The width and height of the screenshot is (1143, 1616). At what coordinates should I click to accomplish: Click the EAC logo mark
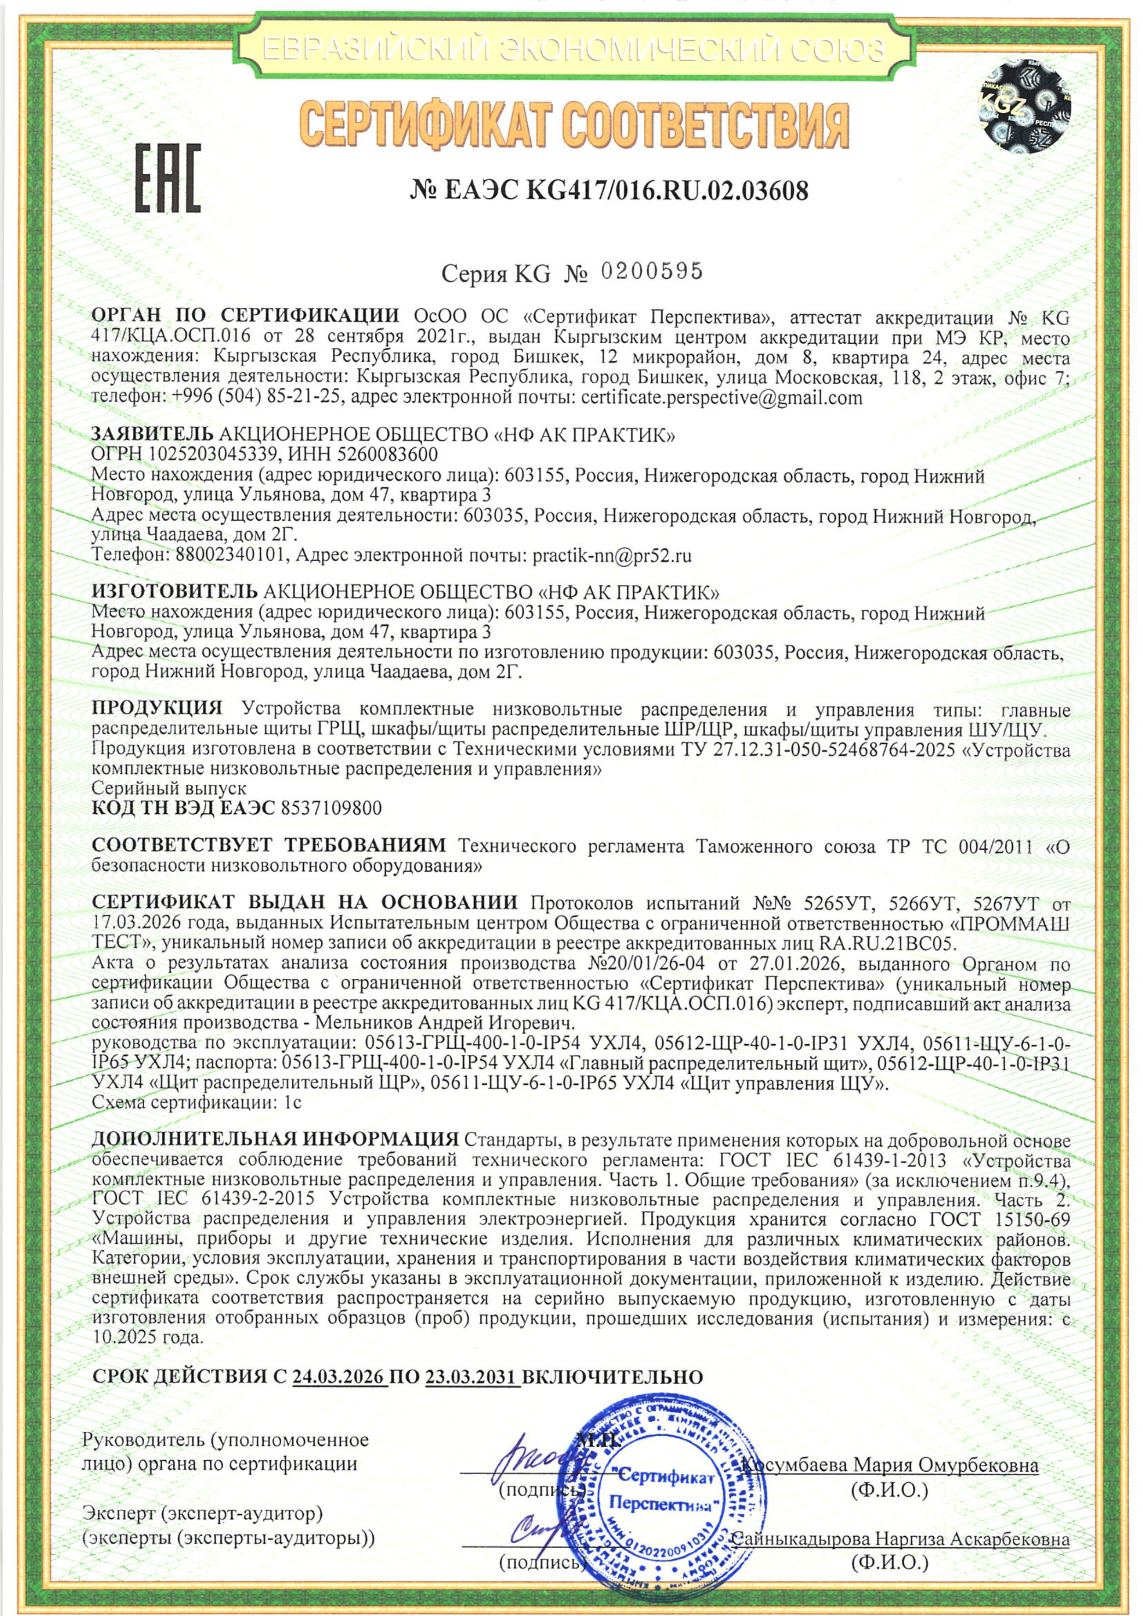click(x=167, y=179)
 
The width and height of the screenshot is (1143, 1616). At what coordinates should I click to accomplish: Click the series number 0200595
click(x=651, y=272)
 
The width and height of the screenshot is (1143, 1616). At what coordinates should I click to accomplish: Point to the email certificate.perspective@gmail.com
click(x=721, y=399)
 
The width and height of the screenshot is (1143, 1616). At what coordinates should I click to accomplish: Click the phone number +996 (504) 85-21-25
click(x=255, y=399)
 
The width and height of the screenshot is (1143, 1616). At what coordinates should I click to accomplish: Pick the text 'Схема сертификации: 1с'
click(x=197, y=1103)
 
